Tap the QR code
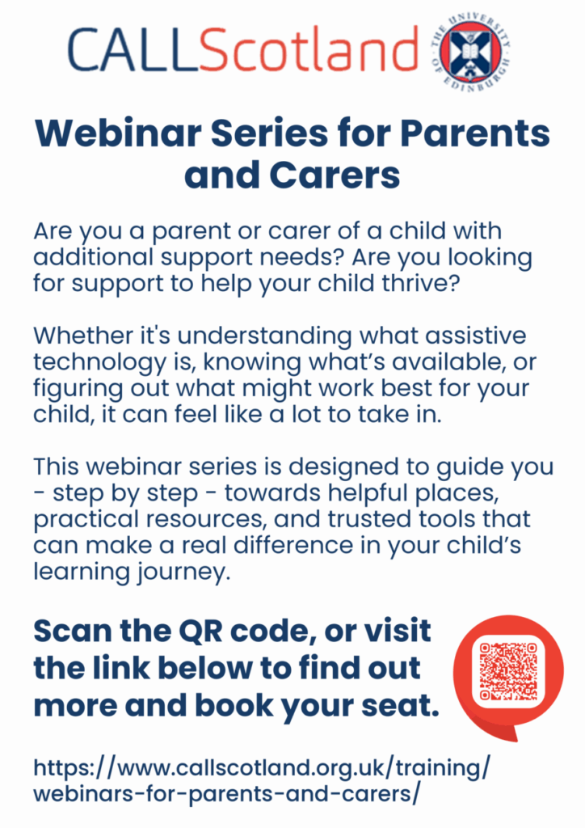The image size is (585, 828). click(507, 670)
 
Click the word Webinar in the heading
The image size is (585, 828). click(118, 133)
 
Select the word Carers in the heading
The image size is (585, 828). click(335, 175)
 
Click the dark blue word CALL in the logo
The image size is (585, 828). click(133, 50)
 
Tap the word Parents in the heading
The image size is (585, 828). click(475, 133)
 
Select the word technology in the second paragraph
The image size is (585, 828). click(99, 363)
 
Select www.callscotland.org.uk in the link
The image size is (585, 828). click(251, 768)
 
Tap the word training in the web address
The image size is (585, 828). click(439, 768)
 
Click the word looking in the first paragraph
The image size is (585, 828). click(490, 258)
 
